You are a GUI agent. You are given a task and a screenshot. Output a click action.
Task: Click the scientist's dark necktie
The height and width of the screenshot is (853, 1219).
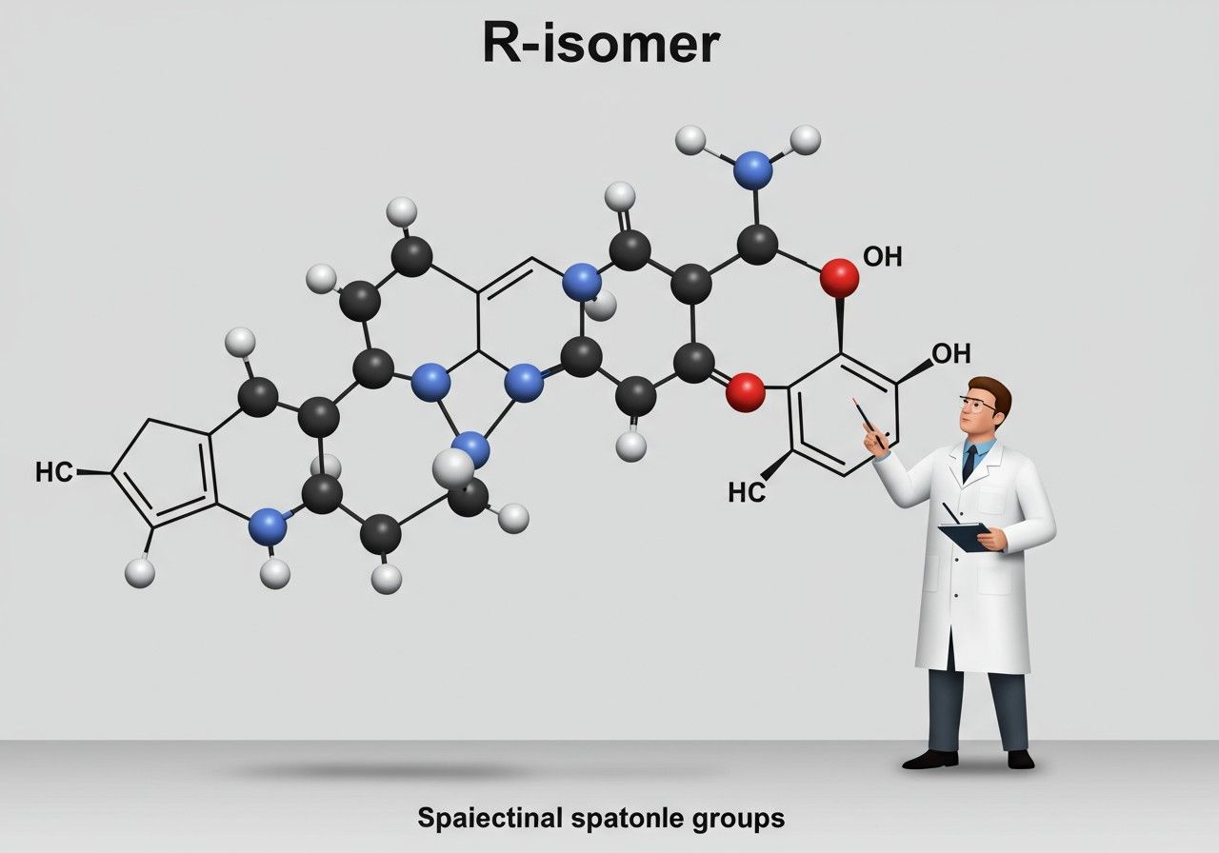click(x=969, y=464)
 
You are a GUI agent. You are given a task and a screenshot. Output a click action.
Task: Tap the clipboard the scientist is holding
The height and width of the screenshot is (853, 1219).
click(x=965, y=536)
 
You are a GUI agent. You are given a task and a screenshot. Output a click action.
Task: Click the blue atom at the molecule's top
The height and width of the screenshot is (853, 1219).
click(x=753, y=169)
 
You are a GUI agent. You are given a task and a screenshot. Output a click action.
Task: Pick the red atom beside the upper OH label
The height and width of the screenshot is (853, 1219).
click(x=839, y=276)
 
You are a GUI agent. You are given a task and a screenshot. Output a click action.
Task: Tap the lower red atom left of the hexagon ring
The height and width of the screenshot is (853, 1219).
click(x=745, y=392)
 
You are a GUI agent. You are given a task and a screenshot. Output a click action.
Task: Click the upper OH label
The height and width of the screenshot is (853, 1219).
click(x=882, y=256)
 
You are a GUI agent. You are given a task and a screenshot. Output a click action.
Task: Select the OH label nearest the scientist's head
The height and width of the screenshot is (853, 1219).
click(x=950, y=354)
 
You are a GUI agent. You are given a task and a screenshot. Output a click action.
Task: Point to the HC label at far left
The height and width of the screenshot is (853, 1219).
click(x=53, y=471)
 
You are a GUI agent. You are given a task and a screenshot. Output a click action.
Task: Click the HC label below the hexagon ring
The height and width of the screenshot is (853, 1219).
click(x=747, y=491)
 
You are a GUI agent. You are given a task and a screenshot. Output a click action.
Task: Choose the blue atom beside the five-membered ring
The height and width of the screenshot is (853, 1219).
click(x=268, y=526)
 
